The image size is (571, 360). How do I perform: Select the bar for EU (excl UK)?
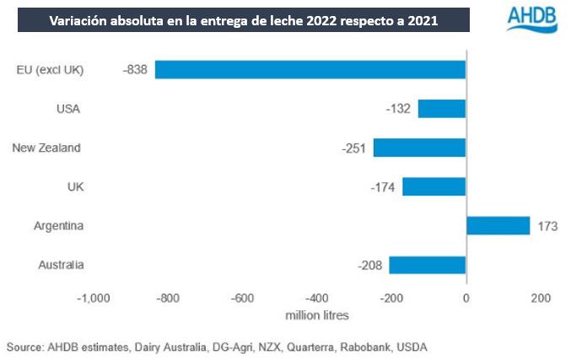pos(310,69)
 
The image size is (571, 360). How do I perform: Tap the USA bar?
pos(442,108)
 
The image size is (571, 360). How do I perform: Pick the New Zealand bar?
pos(419,148)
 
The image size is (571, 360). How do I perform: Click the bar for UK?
pos(434,186)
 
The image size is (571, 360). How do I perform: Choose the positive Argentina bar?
pos(498,226)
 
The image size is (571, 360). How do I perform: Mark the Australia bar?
pos(427,265)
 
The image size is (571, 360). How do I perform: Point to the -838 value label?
pos(134,70)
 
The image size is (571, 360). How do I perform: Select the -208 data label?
pos(370,266)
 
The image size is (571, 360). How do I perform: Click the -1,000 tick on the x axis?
pos(94,298)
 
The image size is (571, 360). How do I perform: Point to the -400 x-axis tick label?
pos(316,298)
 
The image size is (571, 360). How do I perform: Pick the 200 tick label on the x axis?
pos(540,298)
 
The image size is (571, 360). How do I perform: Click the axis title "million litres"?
pos(316,315)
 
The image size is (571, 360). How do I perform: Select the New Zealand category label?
pos(46,148)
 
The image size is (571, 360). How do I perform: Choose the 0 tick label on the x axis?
pos(466,298)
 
